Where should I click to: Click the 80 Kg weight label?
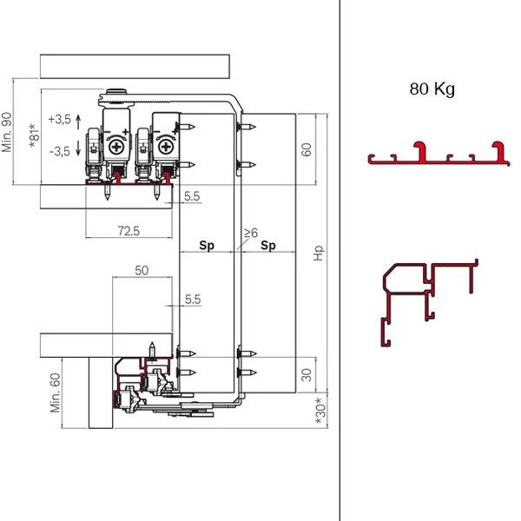click(x=432, y=89)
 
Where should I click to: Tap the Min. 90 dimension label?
click(x=7, y=132)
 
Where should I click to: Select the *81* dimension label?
click(x=35, y=135)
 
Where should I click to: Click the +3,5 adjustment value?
click(x=60, y=119)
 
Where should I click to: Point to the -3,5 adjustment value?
click(x=60, y=151)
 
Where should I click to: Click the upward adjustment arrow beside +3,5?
click(x=78, y=122)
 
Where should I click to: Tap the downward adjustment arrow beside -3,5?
click(x=78, y=148)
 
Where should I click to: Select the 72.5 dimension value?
click(x=129, y=231)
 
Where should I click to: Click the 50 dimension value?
click(x=142, y=270)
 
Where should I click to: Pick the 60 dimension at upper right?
click(x=306, y=149)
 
